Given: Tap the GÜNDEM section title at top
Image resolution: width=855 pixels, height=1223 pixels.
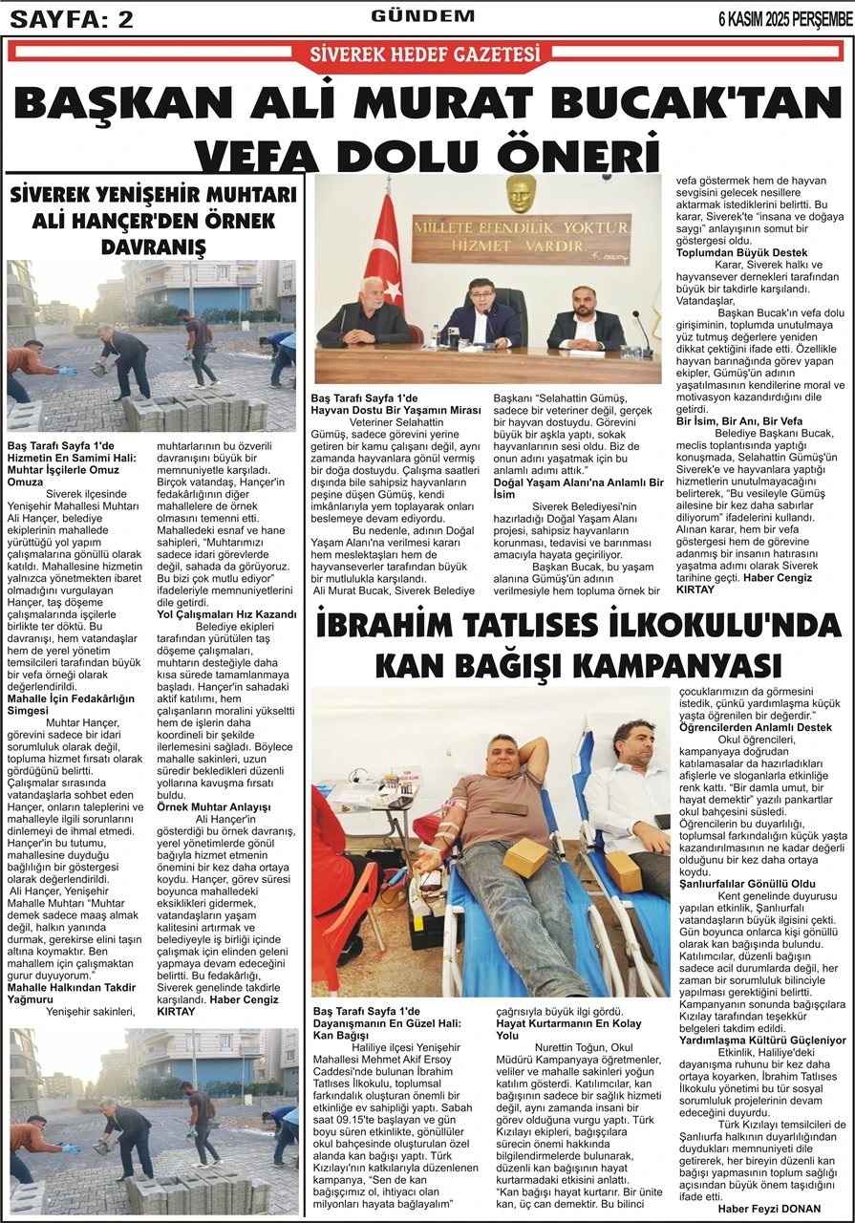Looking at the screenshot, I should (423, 16).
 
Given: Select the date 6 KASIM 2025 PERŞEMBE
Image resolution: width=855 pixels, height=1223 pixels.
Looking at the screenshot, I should (785, 18).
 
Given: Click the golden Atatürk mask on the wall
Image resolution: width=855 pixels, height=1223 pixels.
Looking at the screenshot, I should (521, 194).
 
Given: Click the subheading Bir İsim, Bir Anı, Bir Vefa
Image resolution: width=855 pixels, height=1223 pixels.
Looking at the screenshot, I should (739, 420).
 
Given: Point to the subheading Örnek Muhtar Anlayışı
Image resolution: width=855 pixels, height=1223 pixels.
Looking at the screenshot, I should (213, 806).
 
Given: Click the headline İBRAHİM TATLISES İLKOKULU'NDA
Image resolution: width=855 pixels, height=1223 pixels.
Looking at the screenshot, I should (578, 627).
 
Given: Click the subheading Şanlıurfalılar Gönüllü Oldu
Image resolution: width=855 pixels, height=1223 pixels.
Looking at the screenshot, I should (747, 884).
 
